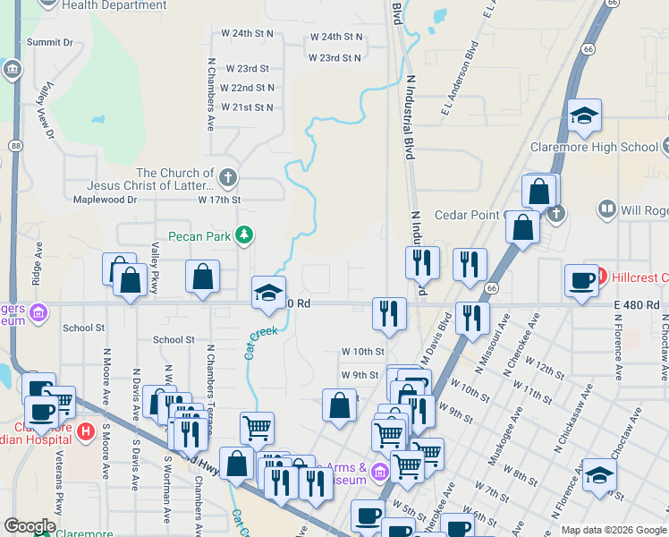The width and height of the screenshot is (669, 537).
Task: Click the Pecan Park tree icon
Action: [242, 235]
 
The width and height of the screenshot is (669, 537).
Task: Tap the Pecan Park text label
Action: [203, 236]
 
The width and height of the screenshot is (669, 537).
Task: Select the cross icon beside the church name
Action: [228, 176]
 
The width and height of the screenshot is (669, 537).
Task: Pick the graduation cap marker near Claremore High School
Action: [584, 116]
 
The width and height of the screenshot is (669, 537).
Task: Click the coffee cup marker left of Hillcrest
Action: [581, 280]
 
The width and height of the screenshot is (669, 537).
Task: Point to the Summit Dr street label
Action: [49, 42]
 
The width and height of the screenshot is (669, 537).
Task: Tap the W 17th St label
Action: [220, 200]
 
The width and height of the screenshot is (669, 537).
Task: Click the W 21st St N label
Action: [247, 107]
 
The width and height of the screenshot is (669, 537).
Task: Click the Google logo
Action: [30, 526]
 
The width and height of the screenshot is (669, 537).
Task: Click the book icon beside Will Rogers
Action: [607, 209]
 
